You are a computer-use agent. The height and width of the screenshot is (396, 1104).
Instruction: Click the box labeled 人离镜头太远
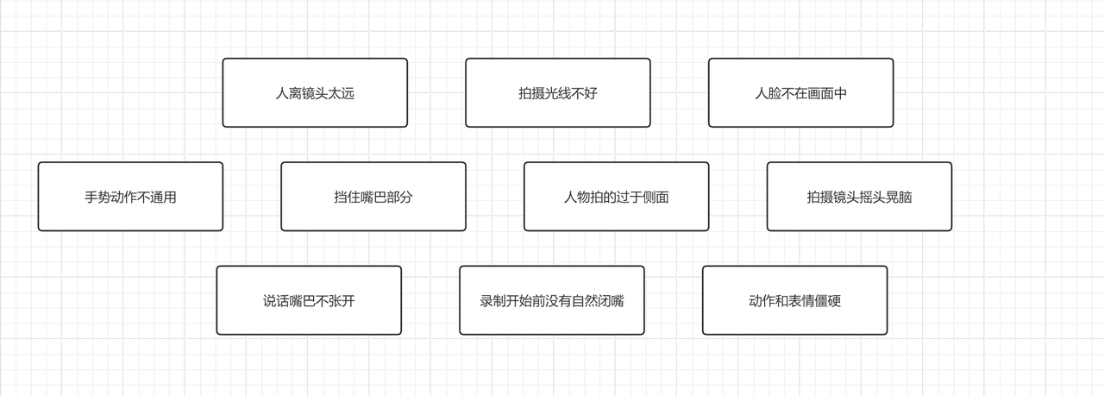315,92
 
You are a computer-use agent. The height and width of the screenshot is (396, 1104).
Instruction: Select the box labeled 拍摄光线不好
558,92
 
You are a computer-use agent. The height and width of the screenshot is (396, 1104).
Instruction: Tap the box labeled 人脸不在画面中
800,92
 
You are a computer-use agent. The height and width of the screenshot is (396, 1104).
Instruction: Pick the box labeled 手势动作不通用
130,197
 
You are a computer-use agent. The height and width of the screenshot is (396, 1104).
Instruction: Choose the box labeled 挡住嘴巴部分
373,197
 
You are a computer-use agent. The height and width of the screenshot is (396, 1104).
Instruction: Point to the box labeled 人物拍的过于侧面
616,197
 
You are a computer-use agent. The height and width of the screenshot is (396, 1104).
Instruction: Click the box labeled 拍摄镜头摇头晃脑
859,197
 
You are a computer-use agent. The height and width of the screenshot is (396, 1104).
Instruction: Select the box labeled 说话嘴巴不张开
309,300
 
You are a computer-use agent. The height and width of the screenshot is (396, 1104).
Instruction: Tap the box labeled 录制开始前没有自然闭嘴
552,300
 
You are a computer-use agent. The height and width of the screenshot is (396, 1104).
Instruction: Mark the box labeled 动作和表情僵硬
794,300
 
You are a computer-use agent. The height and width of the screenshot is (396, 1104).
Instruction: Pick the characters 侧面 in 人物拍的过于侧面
655,198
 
